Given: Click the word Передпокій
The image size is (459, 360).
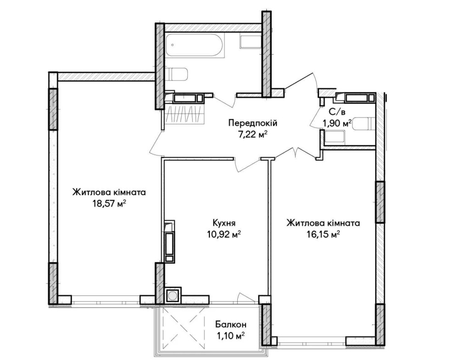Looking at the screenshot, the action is (x=252, y=123).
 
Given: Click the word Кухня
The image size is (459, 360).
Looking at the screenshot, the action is (x=224, y=223).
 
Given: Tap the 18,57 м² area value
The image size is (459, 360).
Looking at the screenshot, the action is (x=109, y=204).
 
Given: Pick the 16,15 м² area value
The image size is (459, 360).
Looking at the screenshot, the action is (x=323, y=234).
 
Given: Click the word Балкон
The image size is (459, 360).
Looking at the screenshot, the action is (x=231, y=324).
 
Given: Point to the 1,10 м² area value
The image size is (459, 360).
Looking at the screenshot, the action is (x=230, y=336).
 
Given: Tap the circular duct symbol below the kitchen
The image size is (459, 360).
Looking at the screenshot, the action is (x=173, y=296).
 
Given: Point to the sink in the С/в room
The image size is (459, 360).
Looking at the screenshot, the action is (x=335, y=137).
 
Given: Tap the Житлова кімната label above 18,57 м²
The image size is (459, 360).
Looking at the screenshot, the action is (x=109, y=193).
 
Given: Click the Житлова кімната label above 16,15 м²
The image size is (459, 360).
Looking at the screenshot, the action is (x=323, y=223).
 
